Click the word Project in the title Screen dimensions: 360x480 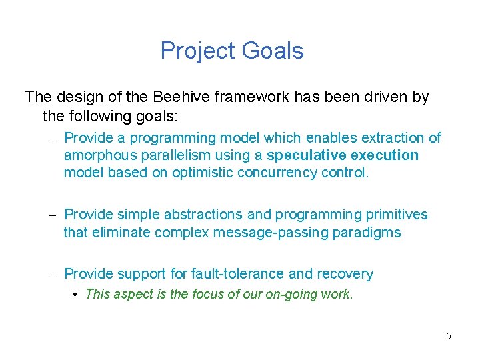coord(197,51)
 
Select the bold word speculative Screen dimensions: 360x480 coord(305,155)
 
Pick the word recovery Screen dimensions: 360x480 coord(345,274)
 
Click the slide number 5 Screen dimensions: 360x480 coord(448,336)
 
